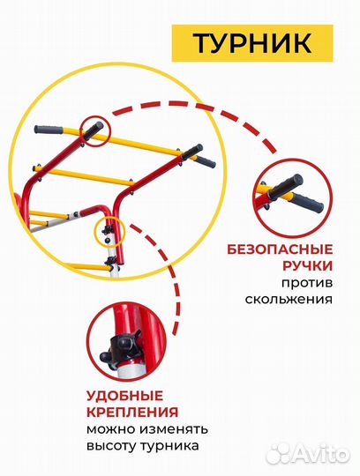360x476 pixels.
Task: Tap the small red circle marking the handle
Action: [93, 130]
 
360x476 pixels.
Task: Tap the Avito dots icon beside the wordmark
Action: [281, 452]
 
